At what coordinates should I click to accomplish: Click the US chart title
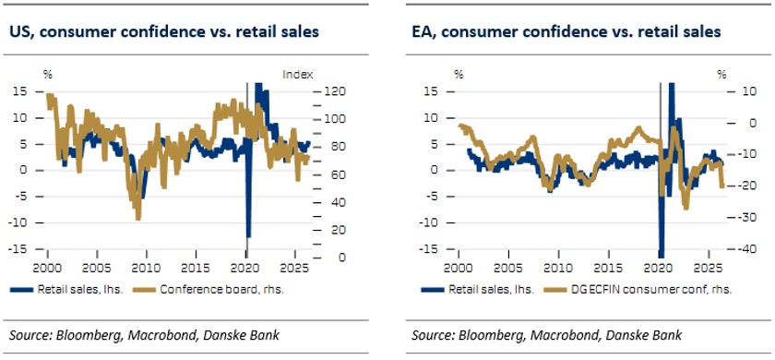click(164, 32)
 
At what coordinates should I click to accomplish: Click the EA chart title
click(566, 32)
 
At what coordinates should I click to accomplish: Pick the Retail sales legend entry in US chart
click(72, 290)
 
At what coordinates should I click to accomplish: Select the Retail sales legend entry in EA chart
click(478, 290)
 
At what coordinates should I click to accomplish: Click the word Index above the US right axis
click(297, 75)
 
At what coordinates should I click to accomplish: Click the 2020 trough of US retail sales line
click(248, 235)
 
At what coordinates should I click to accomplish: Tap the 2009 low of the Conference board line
click(137, 218)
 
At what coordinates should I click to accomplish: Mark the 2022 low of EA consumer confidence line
click(686, 207)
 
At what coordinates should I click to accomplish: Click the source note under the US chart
click(144, 335)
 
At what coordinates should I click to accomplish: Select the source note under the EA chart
click(546, 335)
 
